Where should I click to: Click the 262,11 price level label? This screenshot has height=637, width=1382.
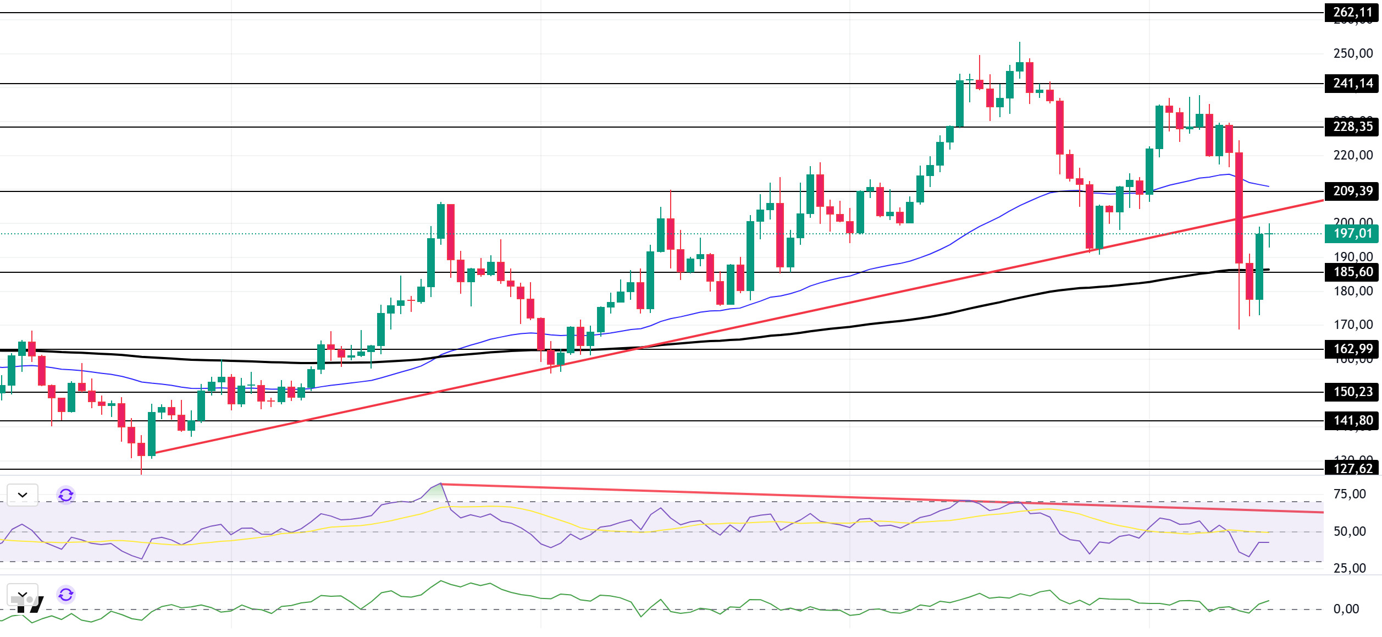pyautogui.click(x=1352, y=12)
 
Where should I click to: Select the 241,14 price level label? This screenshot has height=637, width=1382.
pyautogui.click(x=1352, y=84)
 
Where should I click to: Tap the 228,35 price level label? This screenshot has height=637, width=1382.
pyautogui.click(x=1352, y=127)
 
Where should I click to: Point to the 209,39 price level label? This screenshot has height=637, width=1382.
pyautogui.click(x=1352, y=191)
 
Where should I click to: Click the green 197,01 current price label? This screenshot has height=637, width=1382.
pyautogui.click(x=1352, y=234)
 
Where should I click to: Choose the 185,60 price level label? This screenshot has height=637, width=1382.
pyautogui.click(x=1352, y=272)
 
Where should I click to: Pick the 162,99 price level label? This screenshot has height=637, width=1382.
pyautogui.click(x=1352, y=349)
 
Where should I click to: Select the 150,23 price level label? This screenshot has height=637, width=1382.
pyautogui.click(x=1352, y=392)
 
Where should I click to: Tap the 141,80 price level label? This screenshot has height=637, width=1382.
pyautogui.click(x=1352, y=421)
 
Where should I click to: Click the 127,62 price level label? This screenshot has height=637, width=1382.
pyautogui.click(x=1352, y=469)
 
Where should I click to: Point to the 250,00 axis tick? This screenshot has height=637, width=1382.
pyautogui.click(x=1352, y=54)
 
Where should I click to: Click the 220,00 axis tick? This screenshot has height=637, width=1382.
pyautogui.click(x=1352, y=156)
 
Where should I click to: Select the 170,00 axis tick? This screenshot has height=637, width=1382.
pyautogui.click(x=1352, y=325)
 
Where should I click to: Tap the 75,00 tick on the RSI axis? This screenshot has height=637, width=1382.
pyautogui.click(x=1350, y=495)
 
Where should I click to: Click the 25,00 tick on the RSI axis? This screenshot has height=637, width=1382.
pyautogui.click(x=1350, y=569)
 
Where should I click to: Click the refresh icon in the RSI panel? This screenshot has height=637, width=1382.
pyautogui.click(x=66, y=495)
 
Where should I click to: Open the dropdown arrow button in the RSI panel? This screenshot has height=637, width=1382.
pyautogui.click(x=23, y=495)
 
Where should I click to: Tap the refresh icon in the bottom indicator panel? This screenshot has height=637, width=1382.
pyautogui.click(x=66, y=595)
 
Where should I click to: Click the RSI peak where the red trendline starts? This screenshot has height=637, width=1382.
pyautogui.click(x=441, y=484)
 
